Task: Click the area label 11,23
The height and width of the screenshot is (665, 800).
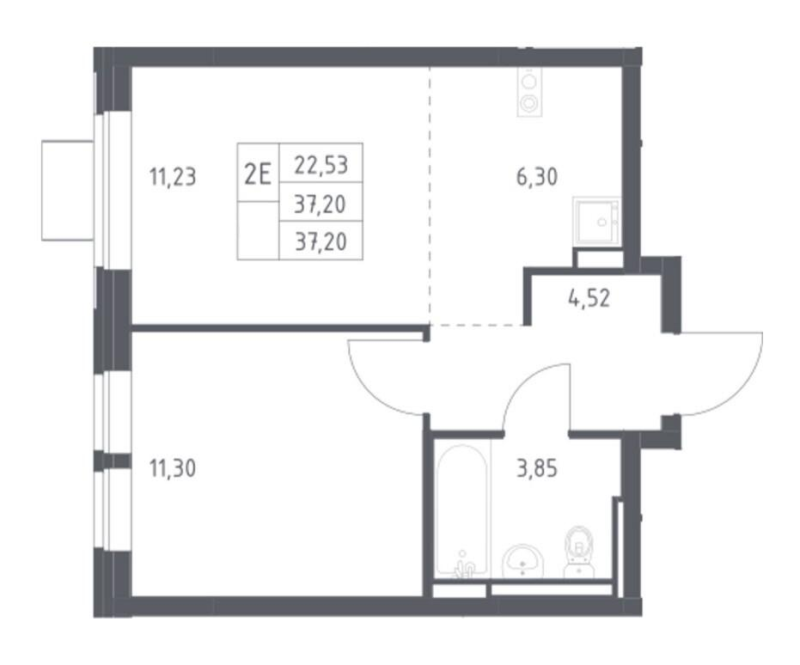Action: (x=173, y=178)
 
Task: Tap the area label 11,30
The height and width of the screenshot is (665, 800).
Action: (x=173, y=468)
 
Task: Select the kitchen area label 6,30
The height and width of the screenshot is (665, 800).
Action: (x=537, y=177)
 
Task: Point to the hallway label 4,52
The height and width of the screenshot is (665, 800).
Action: (x=589, y=298)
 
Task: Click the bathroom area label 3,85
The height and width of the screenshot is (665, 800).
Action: (x=537, y=468)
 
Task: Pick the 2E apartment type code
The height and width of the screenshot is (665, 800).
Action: (x=258, y=175)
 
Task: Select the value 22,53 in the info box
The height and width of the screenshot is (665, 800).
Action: (x=321, y=165)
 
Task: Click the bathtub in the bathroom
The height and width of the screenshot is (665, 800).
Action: (x=462, y=511)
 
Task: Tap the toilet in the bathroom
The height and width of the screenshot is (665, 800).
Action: (x=580, y=552)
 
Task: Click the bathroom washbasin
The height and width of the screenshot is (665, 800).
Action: (x=524, y=562)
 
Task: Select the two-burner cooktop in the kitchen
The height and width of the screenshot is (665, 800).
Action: (x=528, y=92)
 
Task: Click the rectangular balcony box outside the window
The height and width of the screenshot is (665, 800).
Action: (x=68, y=191)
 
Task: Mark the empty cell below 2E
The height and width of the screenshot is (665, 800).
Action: (x=258, y=230)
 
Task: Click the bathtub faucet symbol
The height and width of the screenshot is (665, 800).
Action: (x=463, y=566)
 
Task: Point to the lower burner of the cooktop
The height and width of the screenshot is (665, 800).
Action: (x=528, y=103)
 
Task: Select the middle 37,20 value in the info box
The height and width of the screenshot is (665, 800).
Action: (x=321, y=204)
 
